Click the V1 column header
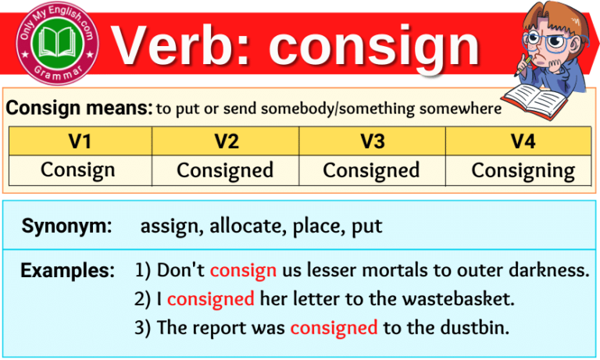tap(80, 141)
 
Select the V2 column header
tap(225, 141)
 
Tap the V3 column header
tap(371, 141)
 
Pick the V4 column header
tap(518, 141)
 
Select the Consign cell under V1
tap(80, 170)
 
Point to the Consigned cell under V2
tap(225, 170)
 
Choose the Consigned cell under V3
tap(371, 170)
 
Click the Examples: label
tap(67, 271)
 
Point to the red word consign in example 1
tap(243, 271)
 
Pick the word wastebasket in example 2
tap(456, 299)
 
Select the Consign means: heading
tap(79, 109)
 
